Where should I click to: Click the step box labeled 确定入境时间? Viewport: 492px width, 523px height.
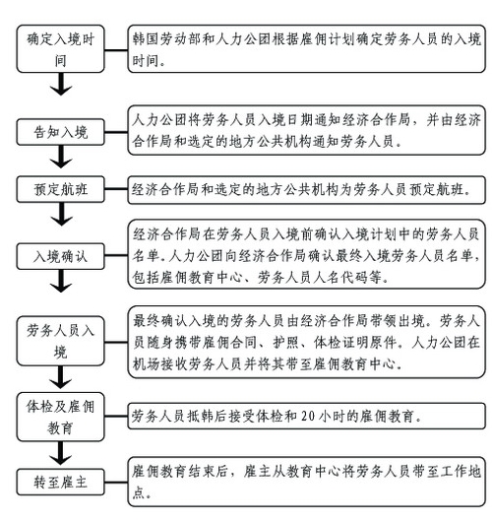[x=61, y=48]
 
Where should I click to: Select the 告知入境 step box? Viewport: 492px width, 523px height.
[x=61, y=132]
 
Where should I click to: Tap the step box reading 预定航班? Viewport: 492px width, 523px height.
[x=61, y=189]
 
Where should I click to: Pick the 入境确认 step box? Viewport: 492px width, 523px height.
[x=61, y=256]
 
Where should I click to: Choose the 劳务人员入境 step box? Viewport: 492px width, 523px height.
[x=61, y=341]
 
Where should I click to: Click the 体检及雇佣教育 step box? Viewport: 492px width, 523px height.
[x=61, y=417]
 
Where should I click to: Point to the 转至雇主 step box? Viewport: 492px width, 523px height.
[x=61, y=482]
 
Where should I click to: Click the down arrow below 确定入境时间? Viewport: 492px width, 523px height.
[x=61, y=84]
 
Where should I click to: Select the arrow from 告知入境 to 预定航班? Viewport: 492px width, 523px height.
[x=61, y=157]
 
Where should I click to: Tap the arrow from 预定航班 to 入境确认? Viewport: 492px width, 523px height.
[x=61, y=214]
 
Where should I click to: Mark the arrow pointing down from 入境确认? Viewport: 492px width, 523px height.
[x=61, y=281]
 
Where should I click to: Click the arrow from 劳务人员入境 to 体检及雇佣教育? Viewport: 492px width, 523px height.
[x=60, y=377]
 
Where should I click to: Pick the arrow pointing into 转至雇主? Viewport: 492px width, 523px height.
[x=60, y=453]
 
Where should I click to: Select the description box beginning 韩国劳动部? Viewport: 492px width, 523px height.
[x=306, y=48]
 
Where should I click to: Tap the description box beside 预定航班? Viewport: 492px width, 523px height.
[x=306, y=190]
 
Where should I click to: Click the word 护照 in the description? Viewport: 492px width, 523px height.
[x=285, y=343]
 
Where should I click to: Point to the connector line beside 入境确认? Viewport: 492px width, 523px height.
[x=116, y=256]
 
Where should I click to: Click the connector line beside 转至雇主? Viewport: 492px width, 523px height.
[x=116, y=483]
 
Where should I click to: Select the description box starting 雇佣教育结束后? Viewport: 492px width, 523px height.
[x=306, y=482]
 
